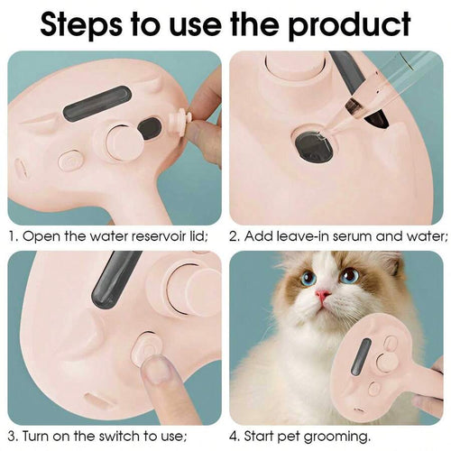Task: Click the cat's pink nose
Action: pyautogui.click(x=322, y=294)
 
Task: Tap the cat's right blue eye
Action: pyautogui.click(x=349, y=275)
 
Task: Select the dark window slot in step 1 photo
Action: pyautogui.click(x=97, y=103)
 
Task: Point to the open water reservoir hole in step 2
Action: pyautogui.click(x=316, y=145)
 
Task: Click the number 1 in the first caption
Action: pyautogui.click(x=13, y=237)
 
